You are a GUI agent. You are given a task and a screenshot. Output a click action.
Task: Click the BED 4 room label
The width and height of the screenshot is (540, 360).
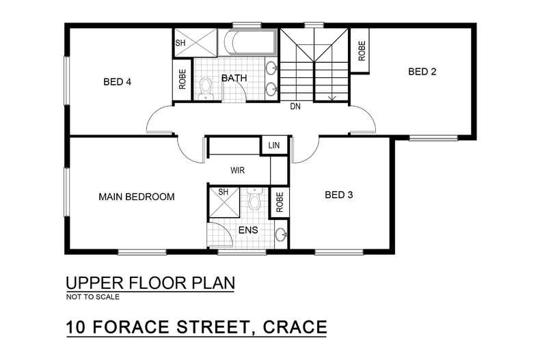(x=117, y=82)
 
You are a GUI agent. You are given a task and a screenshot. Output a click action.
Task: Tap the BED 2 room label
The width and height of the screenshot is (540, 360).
(x=422, y=72)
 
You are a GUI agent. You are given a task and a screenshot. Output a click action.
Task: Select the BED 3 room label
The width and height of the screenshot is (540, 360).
(x=338, y=195)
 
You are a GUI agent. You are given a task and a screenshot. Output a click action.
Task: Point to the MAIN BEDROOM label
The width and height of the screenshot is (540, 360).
(x=137, y=197)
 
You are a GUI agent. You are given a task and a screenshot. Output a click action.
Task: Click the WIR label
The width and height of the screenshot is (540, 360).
(x=237, y=170)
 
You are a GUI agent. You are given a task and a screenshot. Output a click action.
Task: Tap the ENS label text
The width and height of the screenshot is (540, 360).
(x=248, y=230)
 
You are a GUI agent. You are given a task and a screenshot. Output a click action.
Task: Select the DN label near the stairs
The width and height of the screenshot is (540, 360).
(x=295, y=107)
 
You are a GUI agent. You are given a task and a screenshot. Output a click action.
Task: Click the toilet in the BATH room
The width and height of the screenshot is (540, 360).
(x=206, y=87)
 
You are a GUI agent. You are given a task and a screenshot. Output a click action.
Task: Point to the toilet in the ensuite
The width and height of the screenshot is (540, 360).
(x=255, y=199)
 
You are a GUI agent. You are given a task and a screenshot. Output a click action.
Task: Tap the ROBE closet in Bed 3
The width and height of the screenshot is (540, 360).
(x=280, y=202)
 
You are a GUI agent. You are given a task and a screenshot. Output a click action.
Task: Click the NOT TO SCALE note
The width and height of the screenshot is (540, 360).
(x=92, y=297)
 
